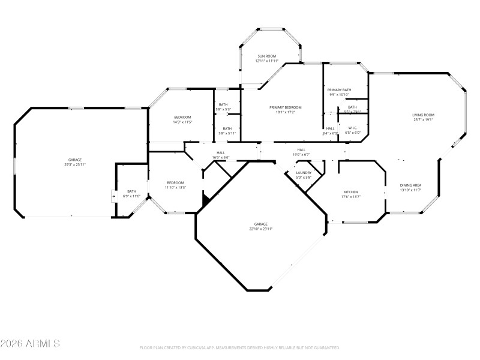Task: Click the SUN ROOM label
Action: point(267,56)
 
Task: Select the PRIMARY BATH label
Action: point(338,89)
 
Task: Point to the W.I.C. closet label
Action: point(353,128)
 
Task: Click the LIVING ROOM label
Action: point(423,115)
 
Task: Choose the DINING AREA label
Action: point(410,185)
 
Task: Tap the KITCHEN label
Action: point(350,192)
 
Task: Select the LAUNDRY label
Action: point(304,172)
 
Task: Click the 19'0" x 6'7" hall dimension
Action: point(301,154)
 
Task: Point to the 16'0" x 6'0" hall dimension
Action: point(221,158)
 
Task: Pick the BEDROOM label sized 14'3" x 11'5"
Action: point(182,117)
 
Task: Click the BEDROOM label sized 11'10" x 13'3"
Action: point(175,182)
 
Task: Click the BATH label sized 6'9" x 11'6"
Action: point(131,191)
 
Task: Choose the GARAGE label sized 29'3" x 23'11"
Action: point(74,160)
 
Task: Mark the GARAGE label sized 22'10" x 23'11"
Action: point(261,224)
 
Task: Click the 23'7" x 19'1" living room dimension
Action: point(423,119)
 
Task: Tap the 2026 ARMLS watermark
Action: point(30,344)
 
